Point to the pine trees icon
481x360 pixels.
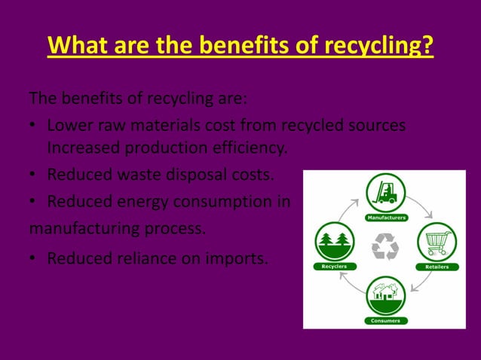point(332,242)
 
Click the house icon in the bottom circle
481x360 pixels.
point(385,291)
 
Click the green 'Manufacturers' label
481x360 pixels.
point(387,218)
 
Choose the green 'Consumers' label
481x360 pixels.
point(385,320)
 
